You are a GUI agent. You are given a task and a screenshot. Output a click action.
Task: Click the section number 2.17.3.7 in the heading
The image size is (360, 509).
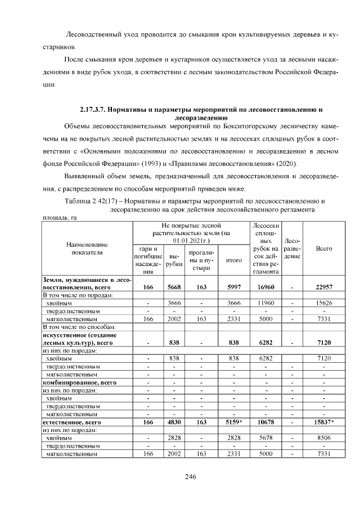click(x=94, y=109)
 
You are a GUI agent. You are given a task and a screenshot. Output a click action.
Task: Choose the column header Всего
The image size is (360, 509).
click(x=323, y=248)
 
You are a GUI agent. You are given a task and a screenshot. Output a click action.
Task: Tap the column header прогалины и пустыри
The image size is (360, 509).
click(x=201, y=260)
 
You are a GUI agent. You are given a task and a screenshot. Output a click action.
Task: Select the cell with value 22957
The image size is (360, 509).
click(x=323, y=287)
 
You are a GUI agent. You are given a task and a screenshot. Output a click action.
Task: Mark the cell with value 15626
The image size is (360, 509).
click(x=323, y=303)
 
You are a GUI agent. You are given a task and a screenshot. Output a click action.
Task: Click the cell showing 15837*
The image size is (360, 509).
click(x=323, y=421)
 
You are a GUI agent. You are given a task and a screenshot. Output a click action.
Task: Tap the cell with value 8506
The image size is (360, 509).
click(x=323, y=437)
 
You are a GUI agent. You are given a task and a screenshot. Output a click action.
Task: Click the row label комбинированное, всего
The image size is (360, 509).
click(x=79, y=382)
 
